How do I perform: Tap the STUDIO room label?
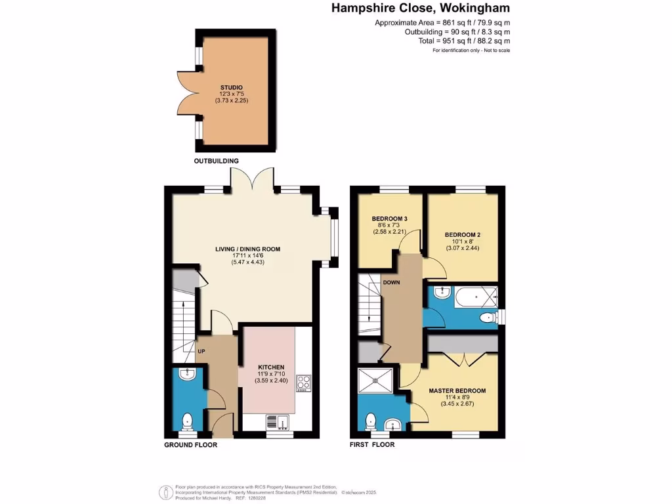coord(232,87)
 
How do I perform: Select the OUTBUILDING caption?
coord(216,161)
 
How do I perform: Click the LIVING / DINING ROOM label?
coord(248,249)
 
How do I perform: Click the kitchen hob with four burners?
coord(304,383)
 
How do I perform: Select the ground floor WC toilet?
coord(188,420)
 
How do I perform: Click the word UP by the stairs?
coord(202,351)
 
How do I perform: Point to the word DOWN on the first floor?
coord(392,283)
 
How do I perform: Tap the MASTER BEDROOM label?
coord(457,391)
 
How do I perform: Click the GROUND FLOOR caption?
coord(190,444)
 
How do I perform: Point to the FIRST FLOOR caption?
coord(377,444)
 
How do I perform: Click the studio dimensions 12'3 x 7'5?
coord(232,94)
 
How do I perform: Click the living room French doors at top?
coord(251,178)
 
